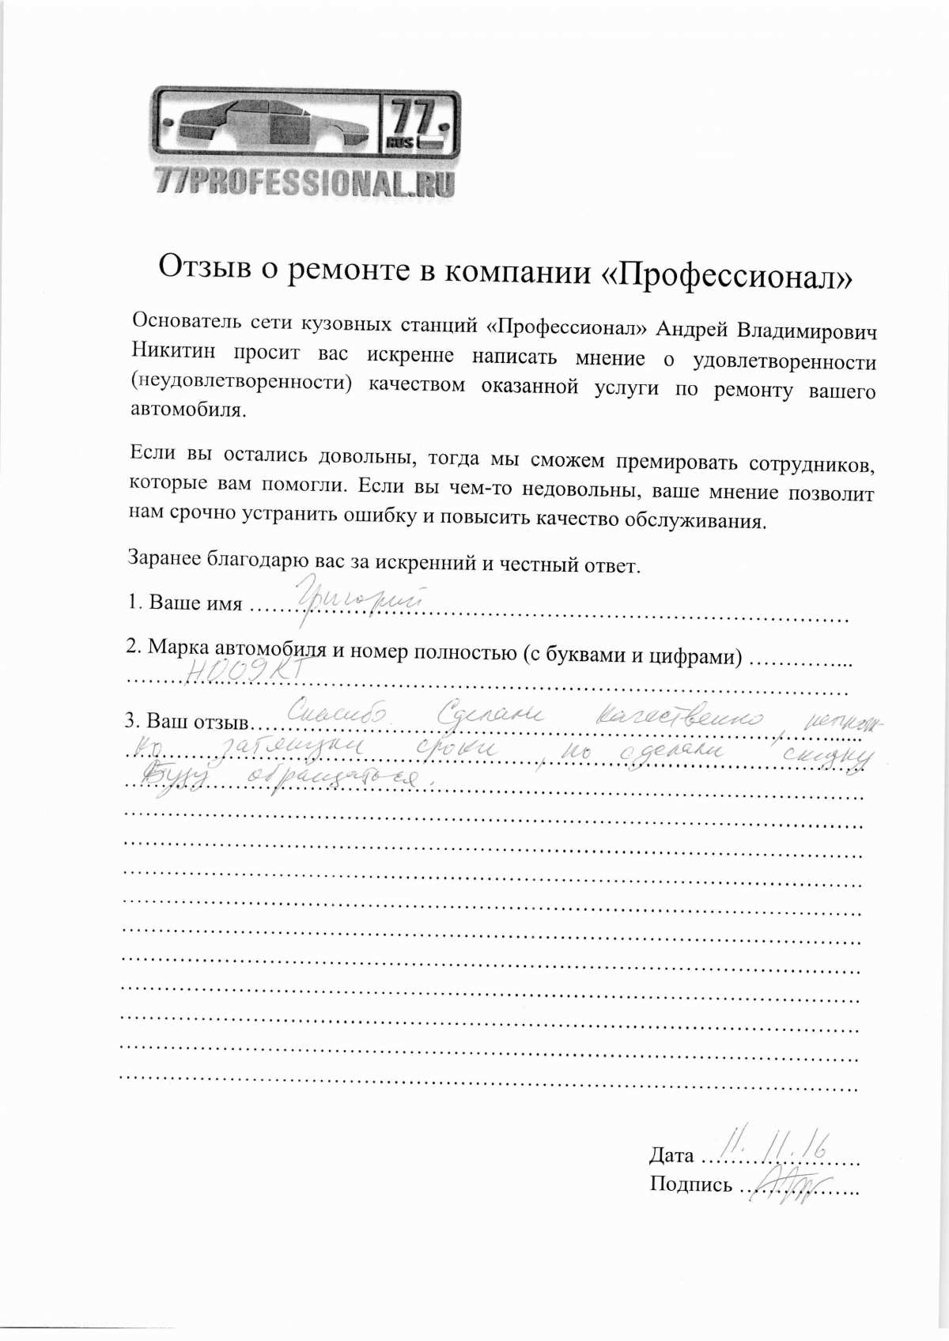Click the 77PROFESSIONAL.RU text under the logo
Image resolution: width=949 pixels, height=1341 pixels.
point(305,183)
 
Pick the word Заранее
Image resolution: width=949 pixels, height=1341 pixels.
point(164,557)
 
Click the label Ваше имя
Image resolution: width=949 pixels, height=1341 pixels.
point(195,603)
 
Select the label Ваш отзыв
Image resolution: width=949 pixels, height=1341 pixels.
point(198,721)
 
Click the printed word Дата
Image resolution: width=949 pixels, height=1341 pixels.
point(671,1155)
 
